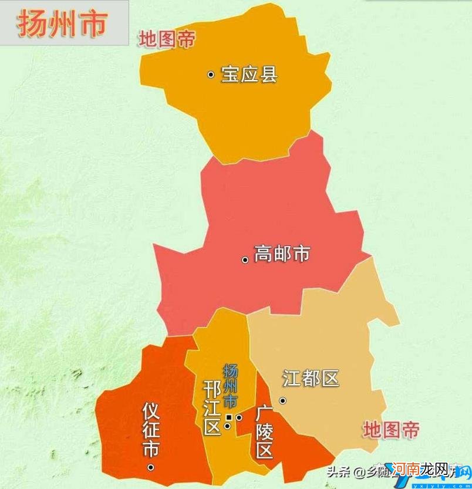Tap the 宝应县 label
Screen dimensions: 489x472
click(248, 75)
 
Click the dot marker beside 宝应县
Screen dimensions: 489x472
click(210, 75)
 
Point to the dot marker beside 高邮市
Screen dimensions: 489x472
click(245, 259)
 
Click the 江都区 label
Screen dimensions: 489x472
click(311, 378)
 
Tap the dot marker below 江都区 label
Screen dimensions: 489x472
click(282, 400)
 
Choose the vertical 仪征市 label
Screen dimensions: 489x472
click(151, 430)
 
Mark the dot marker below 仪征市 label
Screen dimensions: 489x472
click(151, 467)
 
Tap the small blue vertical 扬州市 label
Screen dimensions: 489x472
click(231, 386)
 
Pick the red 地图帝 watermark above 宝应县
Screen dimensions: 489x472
click(166, 39)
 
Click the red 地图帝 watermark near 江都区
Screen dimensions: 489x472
click(391, 430)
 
